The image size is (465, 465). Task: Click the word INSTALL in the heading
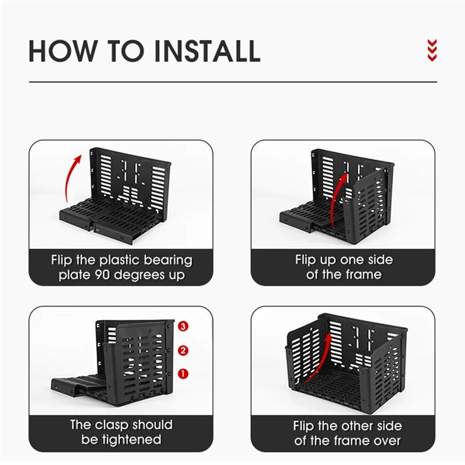208,51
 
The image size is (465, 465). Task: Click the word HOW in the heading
63,51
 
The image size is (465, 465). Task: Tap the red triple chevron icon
432,50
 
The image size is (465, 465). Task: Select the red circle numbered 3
183,327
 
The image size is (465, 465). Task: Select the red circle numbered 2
183,350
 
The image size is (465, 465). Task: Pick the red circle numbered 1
183,374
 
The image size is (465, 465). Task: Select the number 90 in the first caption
102,275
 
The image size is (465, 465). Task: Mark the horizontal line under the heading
233,82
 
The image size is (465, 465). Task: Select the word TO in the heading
126,51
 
